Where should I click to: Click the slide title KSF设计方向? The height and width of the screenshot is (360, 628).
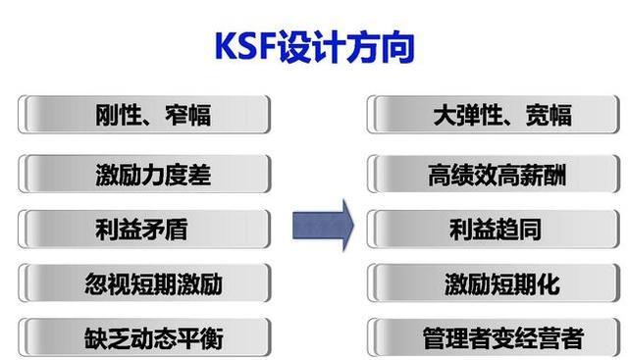314,46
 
